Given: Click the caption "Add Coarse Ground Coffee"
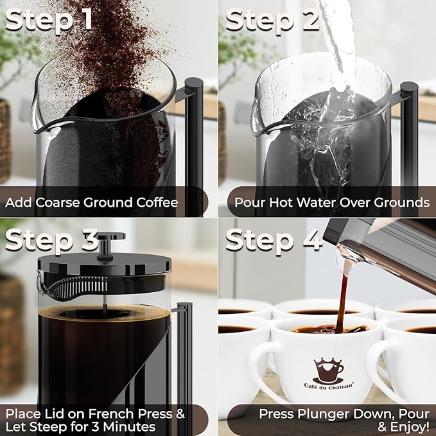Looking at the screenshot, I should [91, 203].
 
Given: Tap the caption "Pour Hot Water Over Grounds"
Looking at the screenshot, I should [332, 203].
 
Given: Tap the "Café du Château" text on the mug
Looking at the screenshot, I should [328, 385].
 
